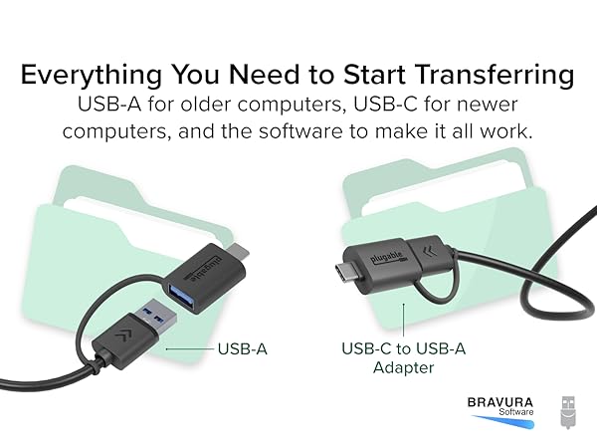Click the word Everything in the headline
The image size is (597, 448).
(x=93, y=75)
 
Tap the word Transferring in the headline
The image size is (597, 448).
(x=496, y=75)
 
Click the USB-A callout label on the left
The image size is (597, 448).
(x=243, y=349)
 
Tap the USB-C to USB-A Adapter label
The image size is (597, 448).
(x=403, y=358)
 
